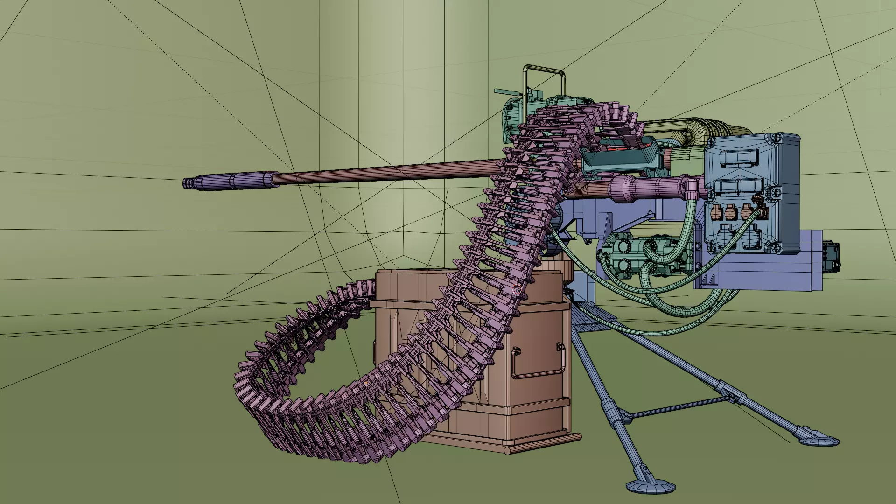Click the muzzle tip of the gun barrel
coord(185,183)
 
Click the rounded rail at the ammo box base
coord(544,449)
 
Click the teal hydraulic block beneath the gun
coord(623,254)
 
